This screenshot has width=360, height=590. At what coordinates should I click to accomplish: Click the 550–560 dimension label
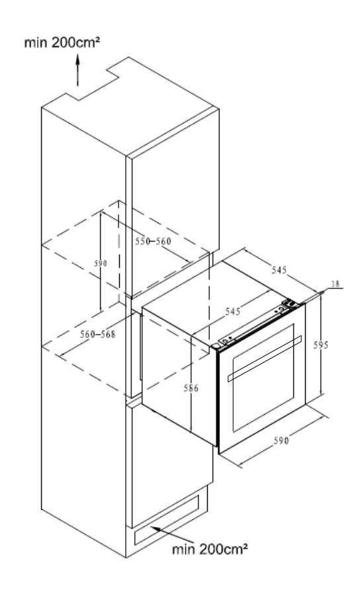153,241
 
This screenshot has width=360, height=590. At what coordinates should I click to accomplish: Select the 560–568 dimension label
97,334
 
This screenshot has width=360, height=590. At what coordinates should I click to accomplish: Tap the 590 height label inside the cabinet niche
101,263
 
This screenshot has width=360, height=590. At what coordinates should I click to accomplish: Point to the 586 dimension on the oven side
191,388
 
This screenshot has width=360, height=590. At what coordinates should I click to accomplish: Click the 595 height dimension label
321,345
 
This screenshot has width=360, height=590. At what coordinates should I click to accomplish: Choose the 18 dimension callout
335,284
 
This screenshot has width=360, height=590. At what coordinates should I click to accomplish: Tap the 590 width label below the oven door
281,441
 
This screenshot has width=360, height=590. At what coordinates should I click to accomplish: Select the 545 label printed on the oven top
233,311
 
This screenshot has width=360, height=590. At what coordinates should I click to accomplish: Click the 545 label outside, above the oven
279,269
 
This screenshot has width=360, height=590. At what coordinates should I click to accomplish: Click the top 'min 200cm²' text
62,42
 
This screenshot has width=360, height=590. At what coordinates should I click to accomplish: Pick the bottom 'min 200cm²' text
210,549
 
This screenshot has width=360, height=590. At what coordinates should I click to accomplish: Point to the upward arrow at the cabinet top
78,70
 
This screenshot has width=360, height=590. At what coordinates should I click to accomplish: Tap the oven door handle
265,358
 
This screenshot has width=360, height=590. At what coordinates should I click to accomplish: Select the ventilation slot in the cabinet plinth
167,520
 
